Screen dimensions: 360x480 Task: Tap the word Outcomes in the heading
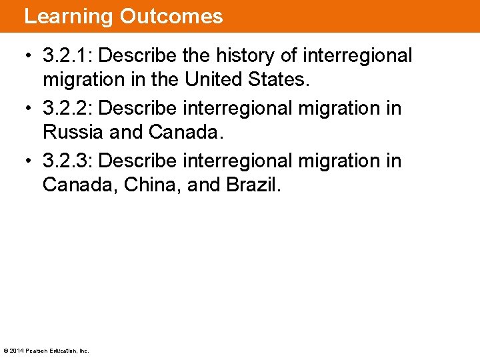pos(171,16)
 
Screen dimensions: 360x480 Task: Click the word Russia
pos(73,132)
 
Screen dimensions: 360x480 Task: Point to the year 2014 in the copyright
pos(15,351)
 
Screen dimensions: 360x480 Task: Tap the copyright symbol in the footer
pos(6,351)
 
